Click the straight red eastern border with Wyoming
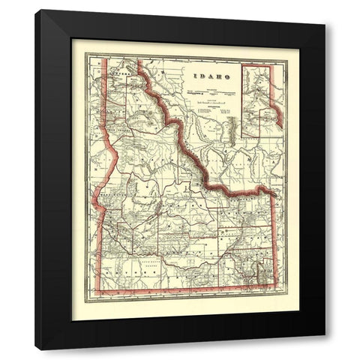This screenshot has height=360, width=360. (x=274, y=240)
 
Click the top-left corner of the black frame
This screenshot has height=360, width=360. (x=36, y=10)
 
